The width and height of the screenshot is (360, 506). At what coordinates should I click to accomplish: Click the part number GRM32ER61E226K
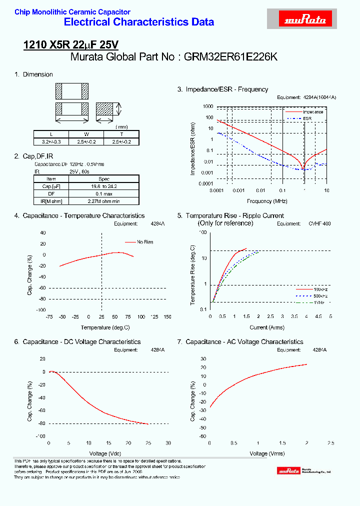230,57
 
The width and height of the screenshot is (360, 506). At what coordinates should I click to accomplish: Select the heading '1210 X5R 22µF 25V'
71,45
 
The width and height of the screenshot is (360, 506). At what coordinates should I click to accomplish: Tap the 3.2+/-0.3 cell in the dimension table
51,141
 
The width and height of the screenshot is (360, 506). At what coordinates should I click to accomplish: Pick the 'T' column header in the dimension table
121,134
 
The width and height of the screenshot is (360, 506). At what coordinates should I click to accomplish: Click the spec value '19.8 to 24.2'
104,186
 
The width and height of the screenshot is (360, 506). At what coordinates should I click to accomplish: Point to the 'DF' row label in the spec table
51,193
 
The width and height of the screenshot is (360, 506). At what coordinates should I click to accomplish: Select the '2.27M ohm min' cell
104,200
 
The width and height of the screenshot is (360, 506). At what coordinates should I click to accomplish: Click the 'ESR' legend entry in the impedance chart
307,118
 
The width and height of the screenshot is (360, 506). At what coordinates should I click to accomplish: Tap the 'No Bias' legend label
145,242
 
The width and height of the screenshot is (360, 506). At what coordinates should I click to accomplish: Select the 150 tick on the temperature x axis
167,317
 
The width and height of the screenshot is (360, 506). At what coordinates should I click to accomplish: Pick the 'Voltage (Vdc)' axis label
108,453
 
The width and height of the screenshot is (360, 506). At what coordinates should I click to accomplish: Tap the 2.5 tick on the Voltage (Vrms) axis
330,443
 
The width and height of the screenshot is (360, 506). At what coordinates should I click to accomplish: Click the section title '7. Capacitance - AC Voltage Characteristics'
240,342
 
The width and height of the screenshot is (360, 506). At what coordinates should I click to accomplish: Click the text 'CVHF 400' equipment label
319,224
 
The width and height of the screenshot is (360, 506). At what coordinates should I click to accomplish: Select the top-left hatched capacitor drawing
71,91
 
